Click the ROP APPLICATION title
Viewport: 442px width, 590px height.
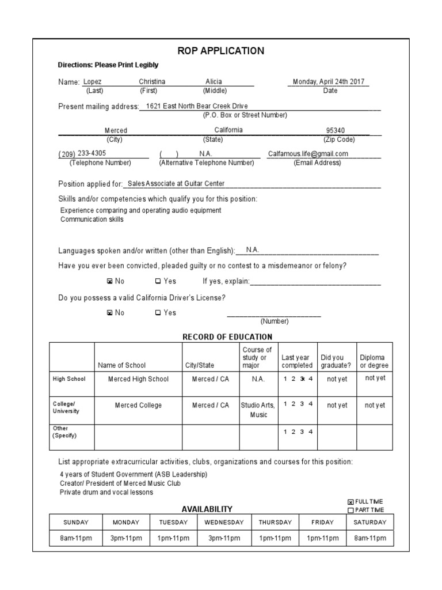coord(221,51)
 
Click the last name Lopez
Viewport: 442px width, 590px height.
coord(92,82)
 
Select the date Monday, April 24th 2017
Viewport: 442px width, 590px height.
coord(329,82)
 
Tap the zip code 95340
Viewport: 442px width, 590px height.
coord(336,131)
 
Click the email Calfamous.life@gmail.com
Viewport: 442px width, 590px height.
coord(308,154)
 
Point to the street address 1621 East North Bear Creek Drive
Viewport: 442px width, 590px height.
coord(196,106)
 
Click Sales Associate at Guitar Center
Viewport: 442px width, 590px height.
coord(176,184)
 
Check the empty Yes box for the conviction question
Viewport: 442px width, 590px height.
coord(158,282)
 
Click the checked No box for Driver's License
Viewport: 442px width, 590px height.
coord(110,313)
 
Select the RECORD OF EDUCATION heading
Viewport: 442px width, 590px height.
coord(227,337)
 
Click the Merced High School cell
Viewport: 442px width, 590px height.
coord(138,379)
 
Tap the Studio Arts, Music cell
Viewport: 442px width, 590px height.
coord(258,410)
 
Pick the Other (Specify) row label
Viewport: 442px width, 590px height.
coord(64,432)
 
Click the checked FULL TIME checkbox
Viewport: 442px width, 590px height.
coord(350,502)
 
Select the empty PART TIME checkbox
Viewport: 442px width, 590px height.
coord(350,510)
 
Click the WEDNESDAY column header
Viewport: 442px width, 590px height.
coord(224,523)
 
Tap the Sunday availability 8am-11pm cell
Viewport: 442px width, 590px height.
coord(76,538)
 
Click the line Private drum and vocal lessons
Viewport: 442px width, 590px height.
coord(106,493)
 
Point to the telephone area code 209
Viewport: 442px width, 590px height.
coord(67,154)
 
